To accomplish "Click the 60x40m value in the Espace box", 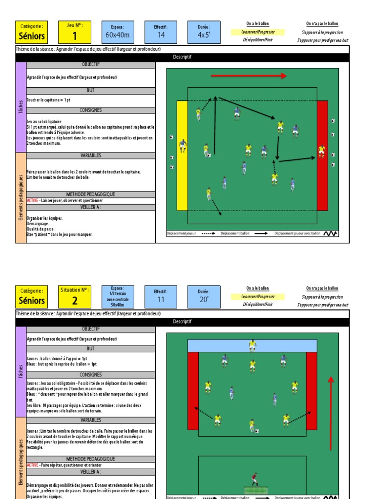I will coord(118,35).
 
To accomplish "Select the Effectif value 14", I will coord(161,35).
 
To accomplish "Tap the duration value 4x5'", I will coord(204,35).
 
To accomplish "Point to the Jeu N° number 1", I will coord(75,36).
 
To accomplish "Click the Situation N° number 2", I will coord(75,301).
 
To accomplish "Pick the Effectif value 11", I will coord(161,299).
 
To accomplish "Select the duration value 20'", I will coord(204,299).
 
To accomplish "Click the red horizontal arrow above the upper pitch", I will coord(249,76).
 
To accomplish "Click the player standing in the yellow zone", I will coord(183,146).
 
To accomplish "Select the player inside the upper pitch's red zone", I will coord(322,151).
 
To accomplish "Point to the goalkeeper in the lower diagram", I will coord(254,479).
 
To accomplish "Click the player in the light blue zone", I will coord(252,345).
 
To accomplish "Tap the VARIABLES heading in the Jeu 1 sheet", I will coord(91,155).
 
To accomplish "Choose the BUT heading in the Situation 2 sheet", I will coord(91,349).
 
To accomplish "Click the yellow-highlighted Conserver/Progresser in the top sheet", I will coord(258,32).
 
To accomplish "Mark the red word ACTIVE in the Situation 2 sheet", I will coord(32,465).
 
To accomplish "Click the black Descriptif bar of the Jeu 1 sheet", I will coord(182,57).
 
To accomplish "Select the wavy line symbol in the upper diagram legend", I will coord(330,233).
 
